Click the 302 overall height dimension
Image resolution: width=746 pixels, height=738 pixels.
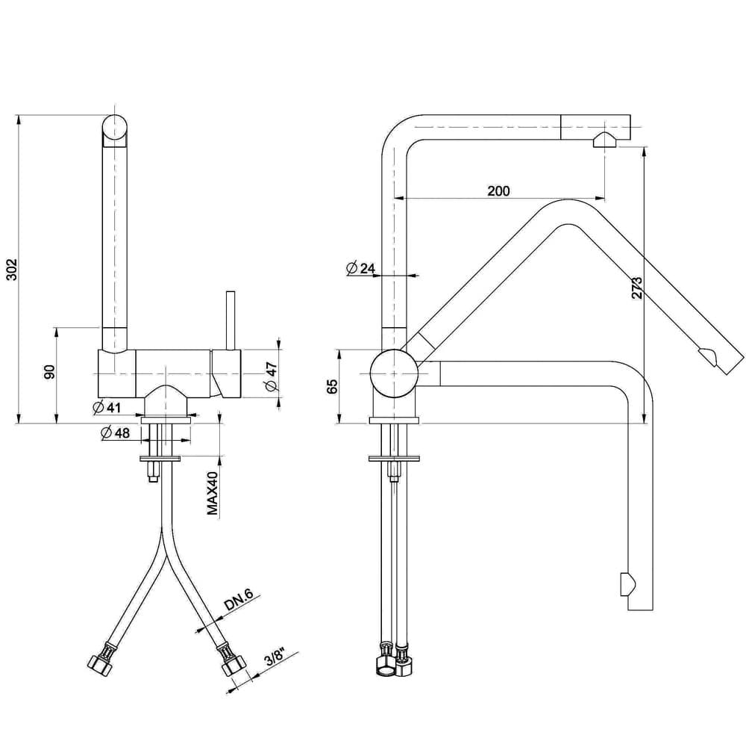point(13,270)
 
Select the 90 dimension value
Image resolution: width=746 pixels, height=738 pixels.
point(50,372)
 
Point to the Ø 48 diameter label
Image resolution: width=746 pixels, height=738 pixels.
point(115,432)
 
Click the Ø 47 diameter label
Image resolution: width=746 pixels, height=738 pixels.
point(272,376)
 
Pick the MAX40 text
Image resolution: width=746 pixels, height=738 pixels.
point(212,494)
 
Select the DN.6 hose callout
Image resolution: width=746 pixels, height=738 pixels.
point(239,601)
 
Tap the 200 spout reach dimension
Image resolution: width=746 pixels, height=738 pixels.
point(498,191)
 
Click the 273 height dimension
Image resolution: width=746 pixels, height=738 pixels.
point(636,288)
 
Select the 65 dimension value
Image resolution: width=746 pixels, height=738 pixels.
point(332,386)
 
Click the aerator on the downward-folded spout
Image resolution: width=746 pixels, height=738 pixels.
point(627,584)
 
